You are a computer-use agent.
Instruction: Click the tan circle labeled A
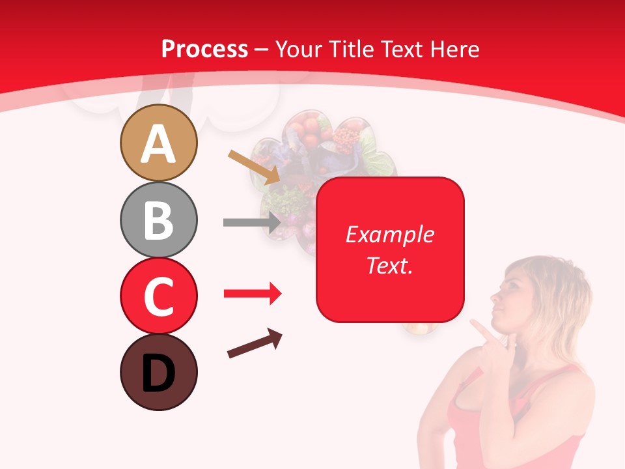click(158, 143)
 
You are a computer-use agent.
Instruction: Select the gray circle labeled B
click(158, 220)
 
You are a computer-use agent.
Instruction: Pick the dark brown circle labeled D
click(158, 372)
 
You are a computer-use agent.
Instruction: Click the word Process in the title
click(204, 50)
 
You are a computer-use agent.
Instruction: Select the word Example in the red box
click(389, 234)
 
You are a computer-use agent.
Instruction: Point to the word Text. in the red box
click(389, 265)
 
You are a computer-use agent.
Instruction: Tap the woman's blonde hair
click(553, 287)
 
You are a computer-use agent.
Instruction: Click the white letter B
click(158, 220)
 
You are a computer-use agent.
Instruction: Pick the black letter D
click(158, 373)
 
